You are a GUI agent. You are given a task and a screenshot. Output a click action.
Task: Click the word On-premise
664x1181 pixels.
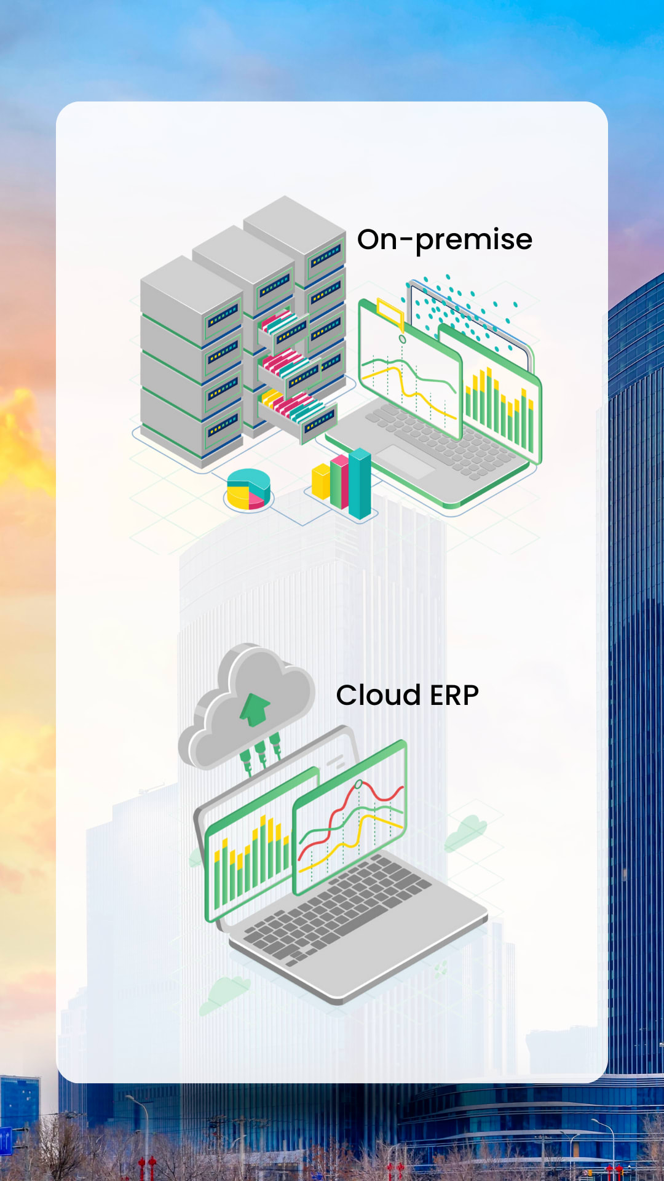(445, 240)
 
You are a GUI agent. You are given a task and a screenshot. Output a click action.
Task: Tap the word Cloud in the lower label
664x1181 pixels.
(378, 696)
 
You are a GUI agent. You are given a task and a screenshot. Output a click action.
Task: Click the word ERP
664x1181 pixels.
(454, 696)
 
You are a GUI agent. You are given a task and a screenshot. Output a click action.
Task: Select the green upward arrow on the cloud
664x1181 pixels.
(255, 709)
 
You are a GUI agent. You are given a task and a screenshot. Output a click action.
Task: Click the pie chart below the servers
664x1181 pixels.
(248, 490)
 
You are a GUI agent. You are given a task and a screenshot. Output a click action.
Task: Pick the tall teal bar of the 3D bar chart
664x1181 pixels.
(360, 483)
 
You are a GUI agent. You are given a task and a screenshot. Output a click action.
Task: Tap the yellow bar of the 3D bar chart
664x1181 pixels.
(321, 482)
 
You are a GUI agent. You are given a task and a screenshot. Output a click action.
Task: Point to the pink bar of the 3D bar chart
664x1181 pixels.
(339, 482)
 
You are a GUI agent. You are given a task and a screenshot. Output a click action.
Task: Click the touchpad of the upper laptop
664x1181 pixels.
(406, 461)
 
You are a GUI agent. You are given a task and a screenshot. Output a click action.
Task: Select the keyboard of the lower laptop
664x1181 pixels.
(338, 904)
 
